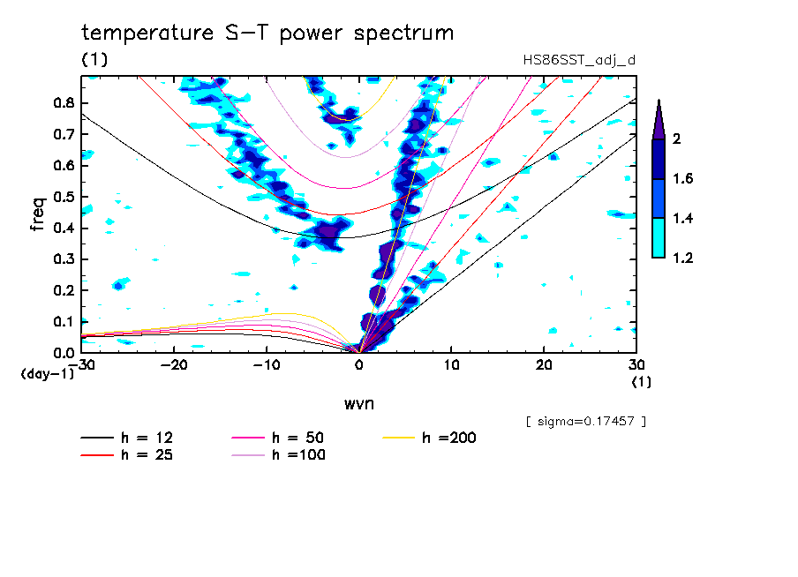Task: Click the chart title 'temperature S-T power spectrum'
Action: click(267, 34)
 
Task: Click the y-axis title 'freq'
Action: click(38, 214)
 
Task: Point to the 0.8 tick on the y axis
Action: click(63, 103)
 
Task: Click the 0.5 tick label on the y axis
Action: click(63, 197)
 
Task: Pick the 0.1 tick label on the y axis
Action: click(63, 321)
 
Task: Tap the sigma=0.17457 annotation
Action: click(586, 422)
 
